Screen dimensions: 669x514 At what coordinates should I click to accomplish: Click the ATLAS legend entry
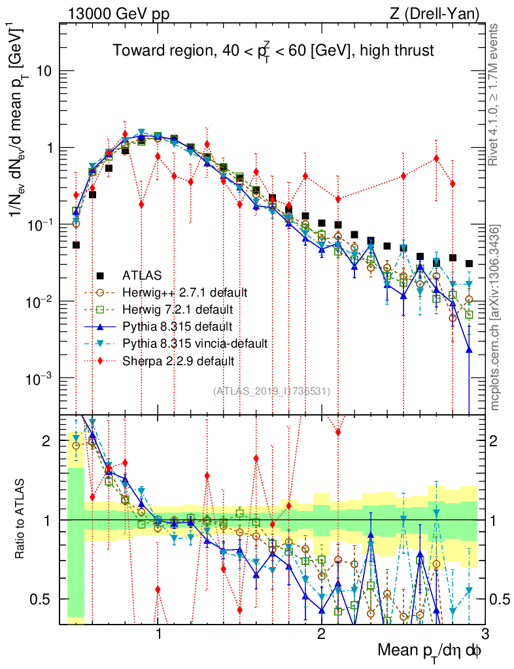coord(141,274)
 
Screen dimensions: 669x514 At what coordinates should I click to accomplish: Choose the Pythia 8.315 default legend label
coord(177,325)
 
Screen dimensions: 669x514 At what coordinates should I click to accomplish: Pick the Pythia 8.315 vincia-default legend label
coord(195,342)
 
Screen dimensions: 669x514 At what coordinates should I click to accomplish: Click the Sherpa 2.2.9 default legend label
coord(179,360)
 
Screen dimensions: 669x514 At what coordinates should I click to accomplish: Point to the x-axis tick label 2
coord(321,634)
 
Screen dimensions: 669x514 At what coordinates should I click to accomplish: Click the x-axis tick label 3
coord(484,634)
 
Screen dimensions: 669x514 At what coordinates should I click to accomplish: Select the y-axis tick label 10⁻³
coord(39,379)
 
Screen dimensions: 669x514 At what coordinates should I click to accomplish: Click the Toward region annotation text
coord(273,50)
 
